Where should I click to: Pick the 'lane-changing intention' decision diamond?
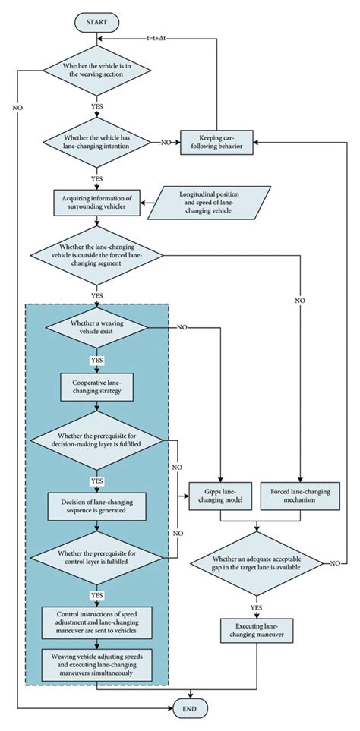pyautogui.click(x=96, y=142)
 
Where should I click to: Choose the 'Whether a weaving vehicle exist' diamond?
pyautogui.click(x=96, y=329)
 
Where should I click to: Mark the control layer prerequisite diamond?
pyautogui.click(x=96, y=566)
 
